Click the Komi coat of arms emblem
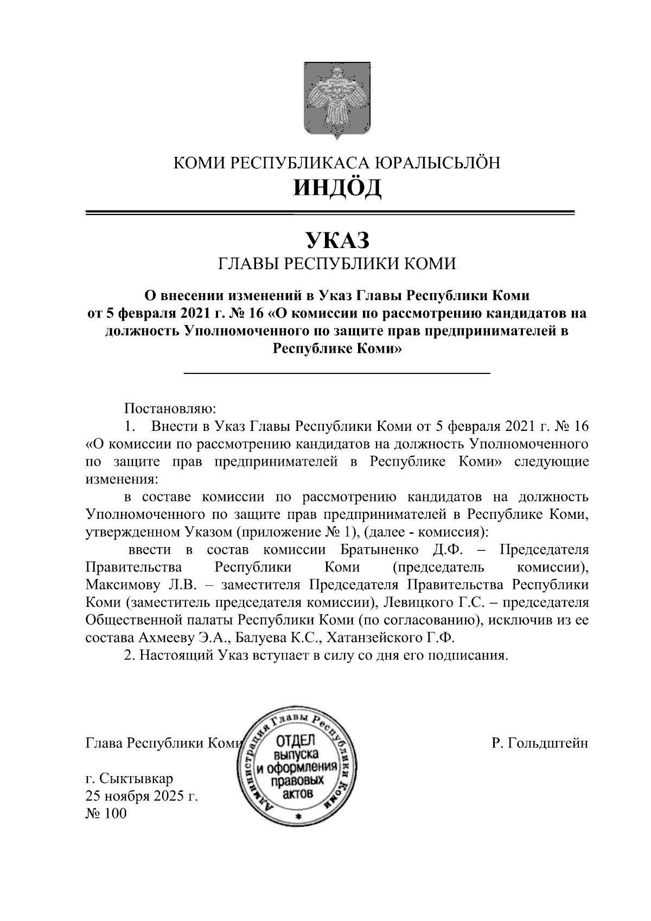pos(337,101)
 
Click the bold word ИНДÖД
pos(337,188)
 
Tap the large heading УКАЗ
pos(337,239)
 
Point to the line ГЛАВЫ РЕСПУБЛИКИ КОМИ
pos(337,264)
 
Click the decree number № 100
pos(106,814)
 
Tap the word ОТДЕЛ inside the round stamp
pos(293,742)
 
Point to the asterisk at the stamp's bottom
pos(297,817)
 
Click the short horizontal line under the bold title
pos(337,373)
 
